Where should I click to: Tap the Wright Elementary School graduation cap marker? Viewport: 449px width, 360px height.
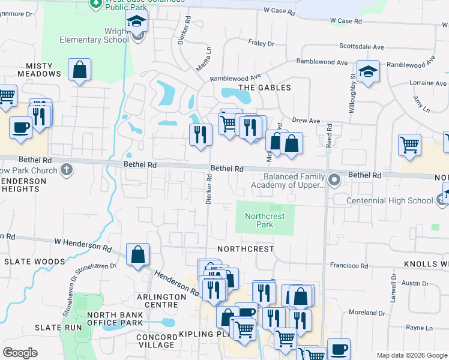(x=137, y=23)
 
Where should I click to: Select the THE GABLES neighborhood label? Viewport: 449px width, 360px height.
(x=265, y=88)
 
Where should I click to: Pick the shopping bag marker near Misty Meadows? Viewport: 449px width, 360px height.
(x=80, y=70)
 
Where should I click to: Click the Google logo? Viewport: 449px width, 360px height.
(x=20, y=353)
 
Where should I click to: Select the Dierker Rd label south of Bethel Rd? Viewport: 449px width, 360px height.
(x=209, y=190)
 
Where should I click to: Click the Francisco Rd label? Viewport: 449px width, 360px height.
(x=349, y=265)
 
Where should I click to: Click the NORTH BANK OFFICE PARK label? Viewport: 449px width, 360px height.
(x=115, y=319)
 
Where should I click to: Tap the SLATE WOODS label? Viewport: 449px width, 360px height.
(x=34, y=262)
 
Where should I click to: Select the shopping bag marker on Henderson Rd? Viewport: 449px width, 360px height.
(x=138, y=255)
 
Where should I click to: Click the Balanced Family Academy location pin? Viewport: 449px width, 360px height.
(x=334, y=178)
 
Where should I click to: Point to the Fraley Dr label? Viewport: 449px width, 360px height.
(x=261, y=43)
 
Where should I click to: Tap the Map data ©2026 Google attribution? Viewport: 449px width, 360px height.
(x=412, y=355)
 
